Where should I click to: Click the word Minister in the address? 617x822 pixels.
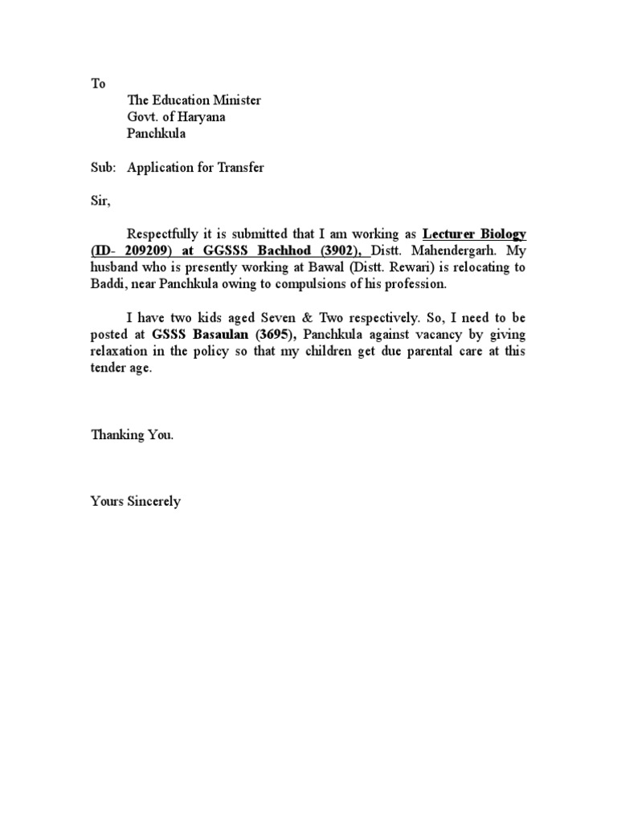coord(236,100)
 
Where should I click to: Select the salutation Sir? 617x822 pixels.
coord(97,201)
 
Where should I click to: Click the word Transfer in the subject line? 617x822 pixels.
coord(238,167)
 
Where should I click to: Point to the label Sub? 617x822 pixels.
coord(100,167)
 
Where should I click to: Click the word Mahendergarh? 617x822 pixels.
coord(453,250)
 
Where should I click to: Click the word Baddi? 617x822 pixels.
coord(106,284)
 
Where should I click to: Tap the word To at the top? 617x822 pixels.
coord(96,83)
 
